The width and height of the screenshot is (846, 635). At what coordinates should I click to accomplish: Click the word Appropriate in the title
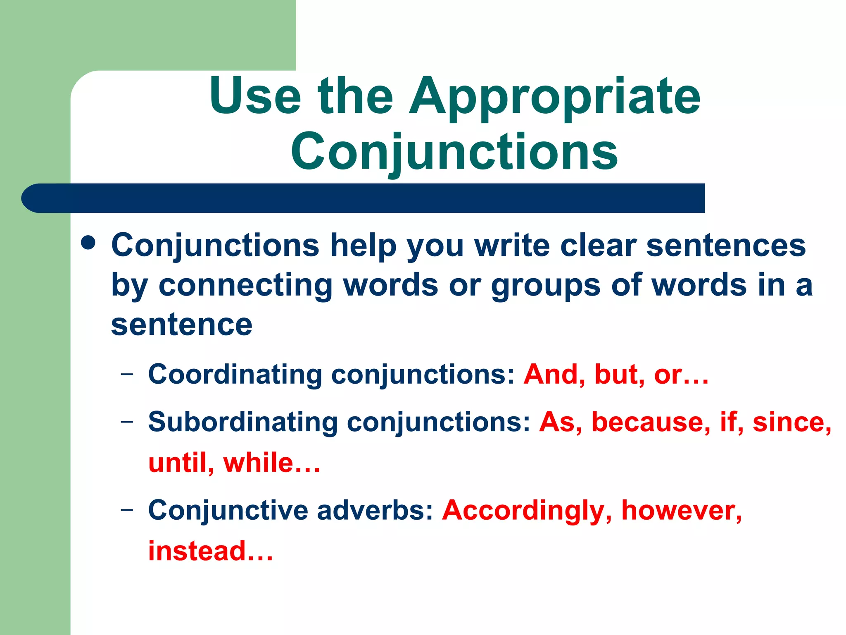(x=554, y=97)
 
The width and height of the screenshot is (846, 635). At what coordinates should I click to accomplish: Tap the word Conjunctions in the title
(x=454, y=152)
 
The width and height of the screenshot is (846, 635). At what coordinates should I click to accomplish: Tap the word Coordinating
(x=235, y=375)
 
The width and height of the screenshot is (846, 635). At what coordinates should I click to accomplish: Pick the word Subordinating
(x=242, y=422)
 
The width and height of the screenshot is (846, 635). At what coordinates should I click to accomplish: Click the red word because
(x=651, y=422)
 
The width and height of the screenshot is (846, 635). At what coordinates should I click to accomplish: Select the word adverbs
(x=375, y=510)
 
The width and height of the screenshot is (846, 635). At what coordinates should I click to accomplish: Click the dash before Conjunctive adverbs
(x=127, y=509)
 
